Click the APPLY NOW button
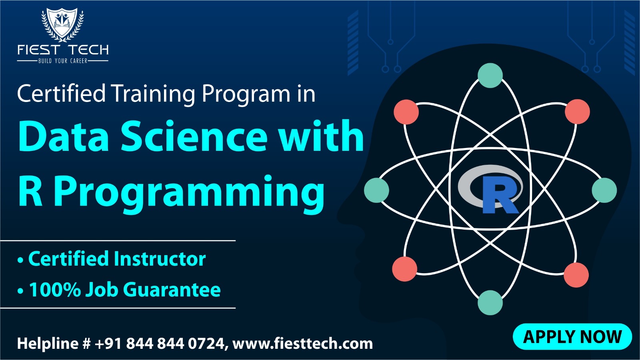(x=572, y=336)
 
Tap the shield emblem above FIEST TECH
(x=62, y=24)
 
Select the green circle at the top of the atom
(x=490, y=76)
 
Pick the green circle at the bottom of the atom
(x=490, y=303)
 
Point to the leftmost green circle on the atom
(x=376, y=190)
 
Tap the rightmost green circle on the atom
(x=604, y=190)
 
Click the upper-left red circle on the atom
(x=406, y=112)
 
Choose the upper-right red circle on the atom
(x=577, y=112)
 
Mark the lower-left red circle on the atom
(x=404, y=269)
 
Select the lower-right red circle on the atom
(x=576, y=275)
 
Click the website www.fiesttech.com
(x=302, y=344)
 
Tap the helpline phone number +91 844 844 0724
(x=160, y=344)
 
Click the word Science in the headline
(x=194, y=136)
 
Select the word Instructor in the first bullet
(x=160, y=259)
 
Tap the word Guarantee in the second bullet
(x=172, y=290)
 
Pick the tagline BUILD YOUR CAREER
(x=62, y=61)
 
